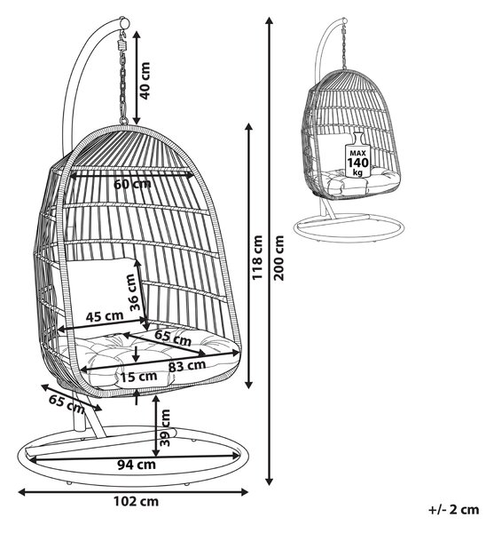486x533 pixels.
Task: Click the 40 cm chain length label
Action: (145, 81)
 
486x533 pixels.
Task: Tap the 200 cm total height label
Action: (278, 258)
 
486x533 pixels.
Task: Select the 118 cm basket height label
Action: (257, 258)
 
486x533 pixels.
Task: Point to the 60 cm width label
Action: (132, 184)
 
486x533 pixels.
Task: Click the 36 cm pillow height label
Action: (134, 292)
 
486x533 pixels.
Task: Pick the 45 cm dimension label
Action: (105, 316)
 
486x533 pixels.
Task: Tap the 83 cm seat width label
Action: (187, 366)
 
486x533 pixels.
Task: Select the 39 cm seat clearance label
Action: (165, 427)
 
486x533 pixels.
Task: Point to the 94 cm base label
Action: (137, 465)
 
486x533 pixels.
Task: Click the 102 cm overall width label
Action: (136, 501)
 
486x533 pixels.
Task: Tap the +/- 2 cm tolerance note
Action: (454, 510)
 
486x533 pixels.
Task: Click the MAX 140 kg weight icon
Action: (357, 155)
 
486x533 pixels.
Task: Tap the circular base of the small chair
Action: (349, 226)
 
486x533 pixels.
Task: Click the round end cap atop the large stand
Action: (124, 23)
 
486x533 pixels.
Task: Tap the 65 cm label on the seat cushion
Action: (173, 338)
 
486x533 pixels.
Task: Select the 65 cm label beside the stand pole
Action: (67, 403)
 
